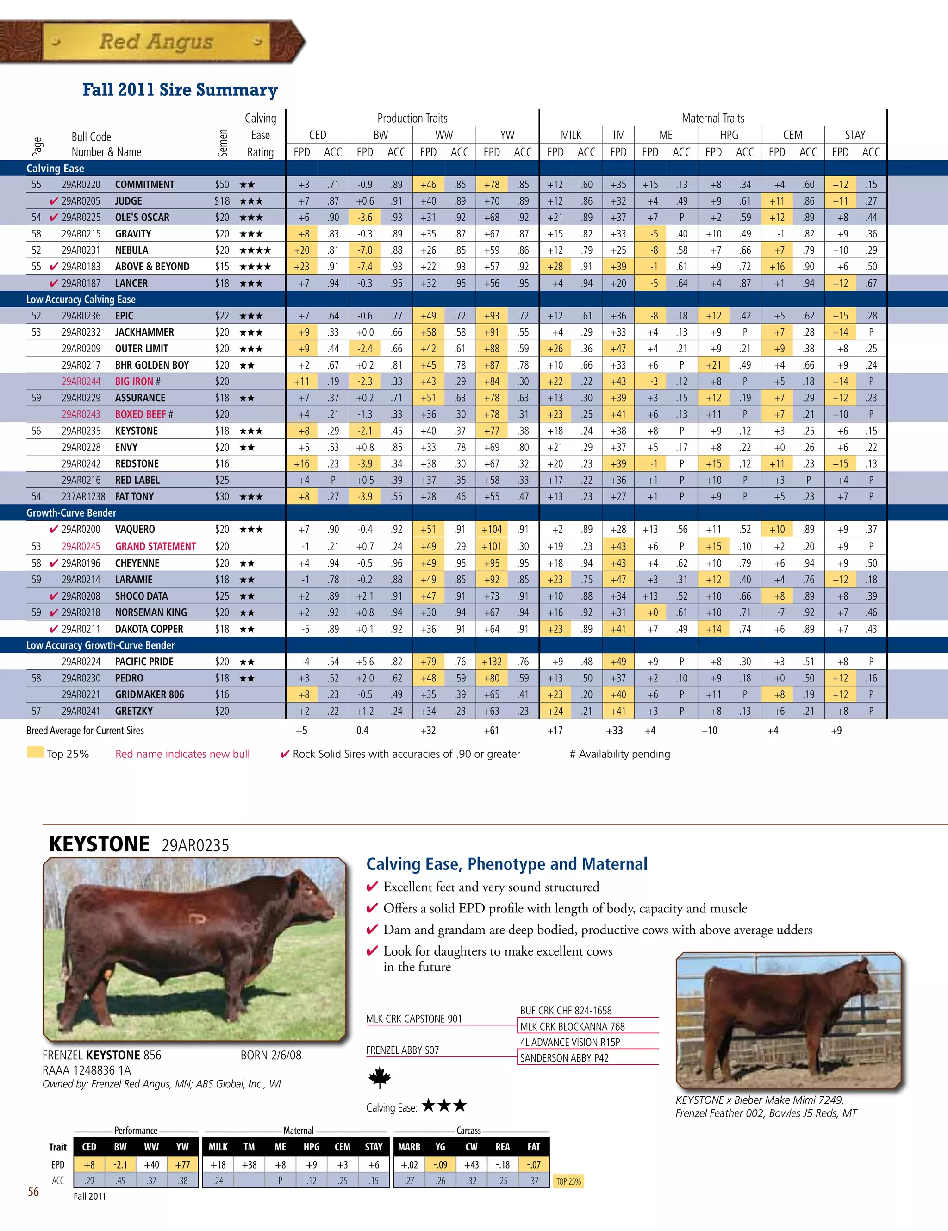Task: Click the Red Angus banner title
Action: (x=156, y=42)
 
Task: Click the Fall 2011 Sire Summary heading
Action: (x=180, y=90)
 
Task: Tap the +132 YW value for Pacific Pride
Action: (x=492, y=662)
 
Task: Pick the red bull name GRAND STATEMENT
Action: (x=156, y=546)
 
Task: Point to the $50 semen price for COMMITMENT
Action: (x=222, y=185)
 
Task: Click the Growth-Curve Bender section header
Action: (x=71, y=513)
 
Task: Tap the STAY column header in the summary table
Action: (x=855, y=135)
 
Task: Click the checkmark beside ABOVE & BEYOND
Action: (x=54, y=267)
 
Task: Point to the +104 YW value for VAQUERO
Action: (x=492, y=529)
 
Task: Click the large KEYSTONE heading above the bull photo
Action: (x=99, y=844)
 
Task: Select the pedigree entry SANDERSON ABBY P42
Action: (x=564, y=1058)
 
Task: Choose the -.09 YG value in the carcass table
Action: (x=440, y=1164)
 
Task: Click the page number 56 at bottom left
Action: (x=34, y=1192)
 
